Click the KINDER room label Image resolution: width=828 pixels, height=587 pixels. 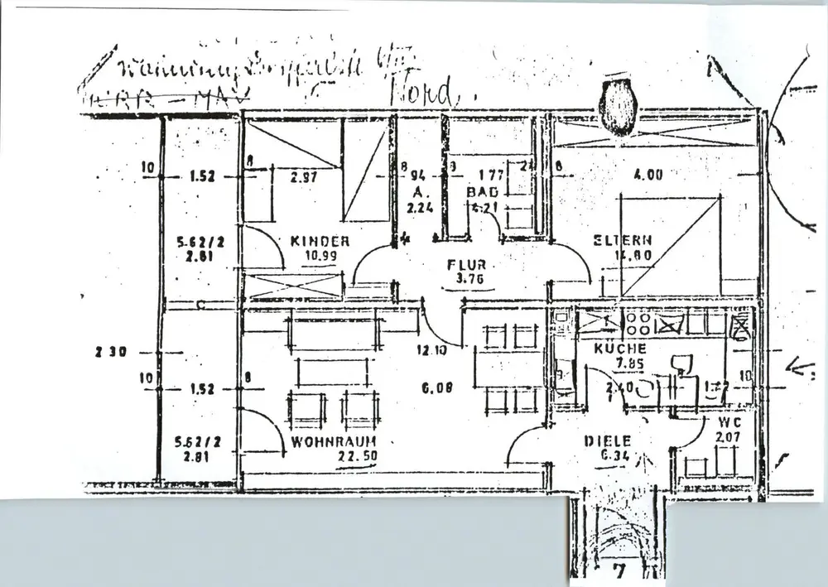pyautogui.click(x=320, y=241)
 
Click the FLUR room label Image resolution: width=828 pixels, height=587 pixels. pyautogui.click(x=467, y=265)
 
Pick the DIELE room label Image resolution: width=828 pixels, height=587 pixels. pyautogui.click(x=608, y=441)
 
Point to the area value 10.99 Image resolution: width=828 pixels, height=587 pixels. pyautogui.click(x=320, y=255)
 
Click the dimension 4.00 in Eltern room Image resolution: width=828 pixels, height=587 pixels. pyautogui.click(x=647, y=175)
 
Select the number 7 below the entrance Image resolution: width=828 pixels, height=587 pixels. pyautogui.click(x=617, y=570)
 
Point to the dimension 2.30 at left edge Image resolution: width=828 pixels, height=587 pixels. pyautogui.click(x=108, y=351)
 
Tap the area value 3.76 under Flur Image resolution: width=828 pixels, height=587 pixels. pyautogui.click(x=469, y=279)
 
